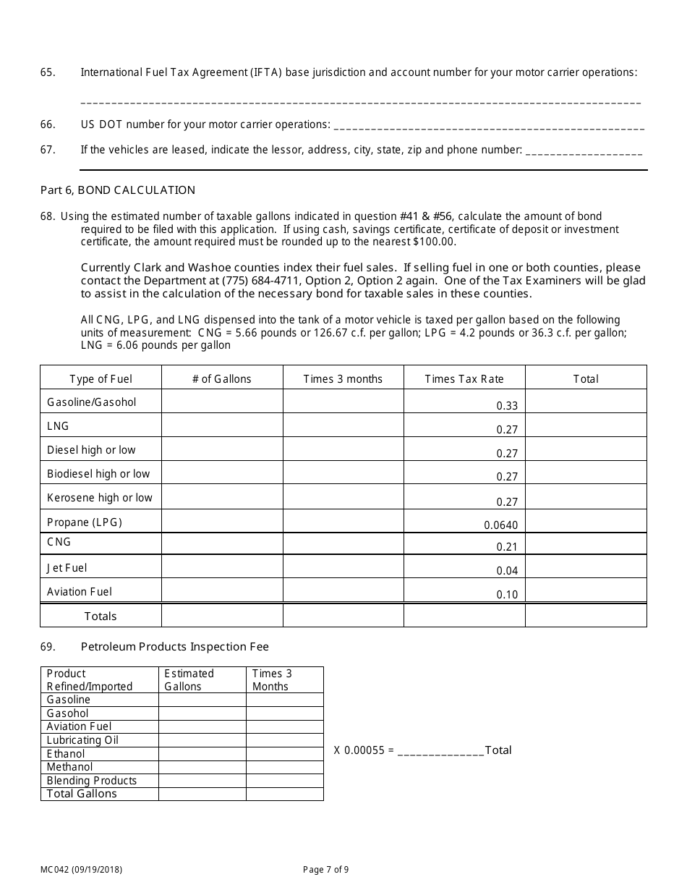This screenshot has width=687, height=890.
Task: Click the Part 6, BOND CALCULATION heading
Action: click(x=117, y=190)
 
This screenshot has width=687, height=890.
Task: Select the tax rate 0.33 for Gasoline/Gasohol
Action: click(x=507, y=406)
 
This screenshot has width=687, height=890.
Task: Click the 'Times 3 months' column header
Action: click(x=343, y=379)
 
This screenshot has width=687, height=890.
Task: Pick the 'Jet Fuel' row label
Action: click(x=67, y=568)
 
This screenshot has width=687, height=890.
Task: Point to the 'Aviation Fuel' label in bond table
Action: click(x=80, y=592)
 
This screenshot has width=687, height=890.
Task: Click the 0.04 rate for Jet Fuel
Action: click(x=507, y=571)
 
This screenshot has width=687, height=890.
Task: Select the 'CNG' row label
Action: click(x=59, y=542)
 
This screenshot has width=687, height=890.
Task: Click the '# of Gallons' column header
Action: click(x=221, y=379)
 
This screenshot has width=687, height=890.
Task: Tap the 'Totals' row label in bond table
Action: click(x=100, y=616)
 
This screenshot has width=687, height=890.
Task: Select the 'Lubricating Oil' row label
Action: click(x=82, y=740)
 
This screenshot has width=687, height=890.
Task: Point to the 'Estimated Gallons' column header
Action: click(x=189, y=680)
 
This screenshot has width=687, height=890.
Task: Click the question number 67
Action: click(x=48, y=151)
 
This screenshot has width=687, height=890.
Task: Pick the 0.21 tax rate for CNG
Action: click(x=507, y=547)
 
